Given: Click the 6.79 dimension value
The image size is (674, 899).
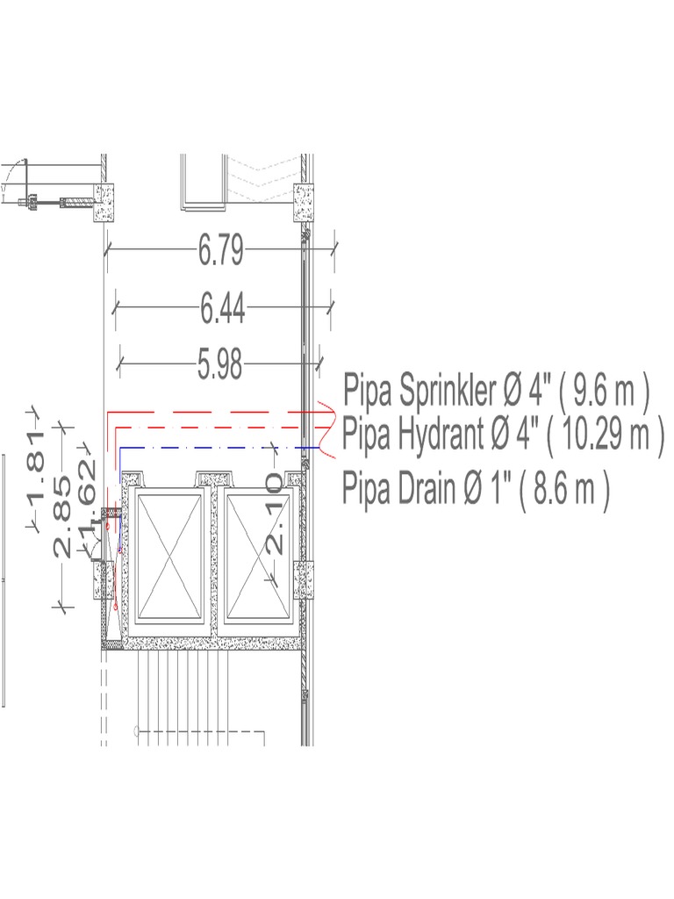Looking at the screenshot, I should pyautogui.click(x=220, y=252).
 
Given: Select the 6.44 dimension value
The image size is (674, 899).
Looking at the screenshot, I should pyautogui.click(x=222, y=309).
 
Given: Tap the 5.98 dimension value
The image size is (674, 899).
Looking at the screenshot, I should pyautogui.click(x=219, y=364).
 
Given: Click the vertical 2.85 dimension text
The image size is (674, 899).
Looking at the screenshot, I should pyautogui.click(x=63, y=518).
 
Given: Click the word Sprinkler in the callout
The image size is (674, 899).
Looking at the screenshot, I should pyautogui.click(x=447, y=389).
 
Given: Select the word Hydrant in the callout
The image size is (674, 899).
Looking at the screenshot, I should pyautogui.click(x=442, y=434).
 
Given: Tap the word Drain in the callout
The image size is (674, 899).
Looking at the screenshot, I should pyautogui.click(x=434, y=486).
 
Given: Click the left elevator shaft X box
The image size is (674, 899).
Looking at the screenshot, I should pyautogui.click(x=166, y=555).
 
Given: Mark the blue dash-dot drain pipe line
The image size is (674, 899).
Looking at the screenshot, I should pyautogui.click(x=219, y=448).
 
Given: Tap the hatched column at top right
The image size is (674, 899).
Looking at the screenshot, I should pyautogui.click(x=304, y=205).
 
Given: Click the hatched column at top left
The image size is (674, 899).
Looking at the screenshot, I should pyautogui.click(x=106, y=203).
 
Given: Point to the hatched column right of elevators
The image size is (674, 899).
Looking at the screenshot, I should pyautogui.click(x=304, y=580).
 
